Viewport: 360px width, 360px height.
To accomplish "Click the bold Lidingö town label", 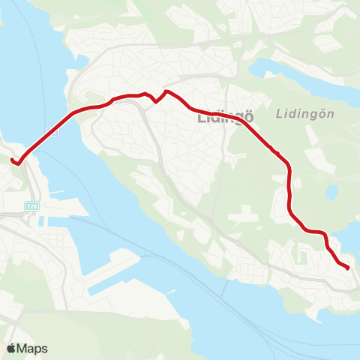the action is (223, 117).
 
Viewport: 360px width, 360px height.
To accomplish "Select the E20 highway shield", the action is (31, 205).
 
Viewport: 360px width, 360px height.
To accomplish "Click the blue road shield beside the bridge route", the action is (52, 131).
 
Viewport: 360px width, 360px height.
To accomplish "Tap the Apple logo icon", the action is (11, 348).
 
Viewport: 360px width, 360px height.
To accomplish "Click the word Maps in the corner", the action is (32, 348).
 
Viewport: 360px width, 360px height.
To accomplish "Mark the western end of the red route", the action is (12, 158).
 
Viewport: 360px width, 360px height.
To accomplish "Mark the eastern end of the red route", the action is (349, 267).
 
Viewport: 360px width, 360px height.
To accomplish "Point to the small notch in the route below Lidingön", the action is (278, 153).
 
